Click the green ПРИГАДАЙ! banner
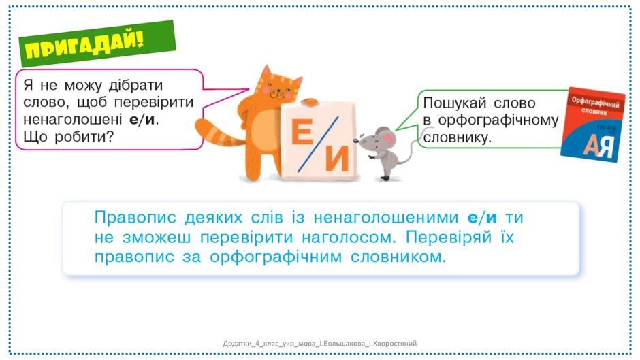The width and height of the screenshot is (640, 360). pos(97,44)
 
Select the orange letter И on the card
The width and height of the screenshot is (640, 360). pos(337,159)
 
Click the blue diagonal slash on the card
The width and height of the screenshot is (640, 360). pos(319,144)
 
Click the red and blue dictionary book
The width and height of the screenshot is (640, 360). pos(593,125)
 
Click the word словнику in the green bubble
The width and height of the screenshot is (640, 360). pos(457,137)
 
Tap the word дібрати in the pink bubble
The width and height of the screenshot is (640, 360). pos(136,85)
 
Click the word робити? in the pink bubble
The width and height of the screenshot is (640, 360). pos(84,137)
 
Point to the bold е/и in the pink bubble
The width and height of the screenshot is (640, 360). pos(143,120)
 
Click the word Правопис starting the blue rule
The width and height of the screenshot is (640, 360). pos(135,218)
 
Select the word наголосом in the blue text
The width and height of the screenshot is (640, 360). pos(349,238)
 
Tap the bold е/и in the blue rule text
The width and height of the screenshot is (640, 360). pos(482,218)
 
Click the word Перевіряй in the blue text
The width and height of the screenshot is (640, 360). pos(449,237)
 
